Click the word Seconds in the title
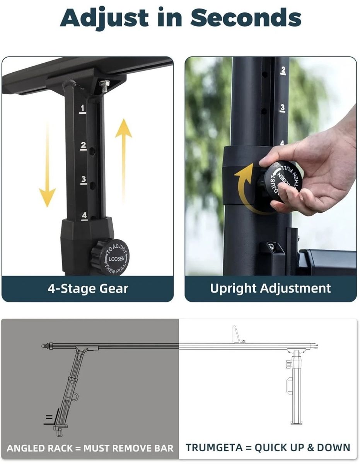pos(246,17)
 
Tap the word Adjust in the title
pos(104,19)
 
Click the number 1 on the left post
pos(83,109)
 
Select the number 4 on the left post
pos(84,216)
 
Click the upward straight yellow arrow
pos(123,160)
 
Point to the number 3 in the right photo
pos(283,108)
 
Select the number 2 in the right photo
pos(283,71)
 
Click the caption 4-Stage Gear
pos(88,289)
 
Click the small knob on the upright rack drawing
pos(288,363)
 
